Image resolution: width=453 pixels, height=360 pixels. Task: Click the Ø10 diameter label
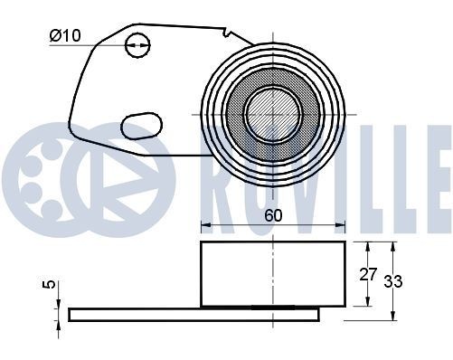[x=67, y=37]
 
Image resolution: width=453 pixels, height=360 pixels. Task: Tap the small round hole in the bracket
[x=137, y=43]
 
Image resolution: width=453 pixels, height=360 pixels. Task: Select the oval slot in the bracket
[x=140, y=124]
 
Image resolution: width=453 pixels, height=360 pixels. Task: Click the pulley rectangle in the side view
[x=271, y=274]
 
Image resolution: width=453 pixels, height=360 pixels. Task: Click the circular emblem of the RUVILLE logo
[x=81, y=171]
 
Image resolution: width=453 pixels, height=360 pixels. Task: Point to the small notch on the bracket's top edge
[x=223, y=37]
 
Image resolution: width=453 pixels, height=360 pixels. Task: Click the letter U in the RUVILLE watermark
[x=261, y=171]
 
